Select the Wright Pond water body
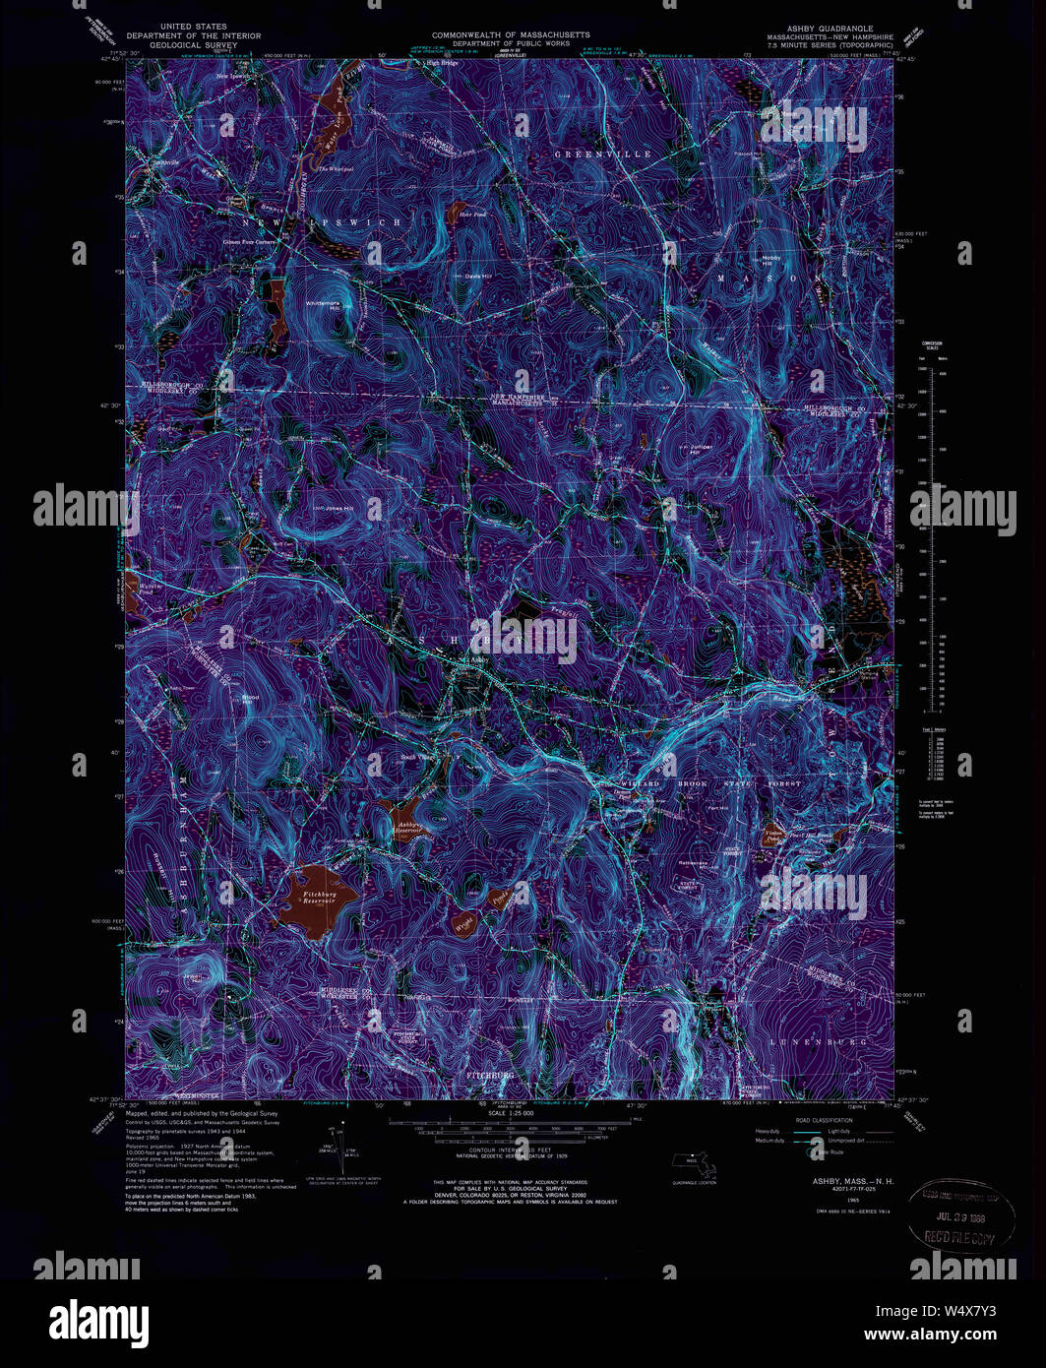(x=464, y=922)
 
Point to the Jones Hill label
(x=338, y=508)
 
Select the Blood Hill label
(x=250, y=699)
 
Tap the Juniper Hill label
(x=700, y=449)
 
